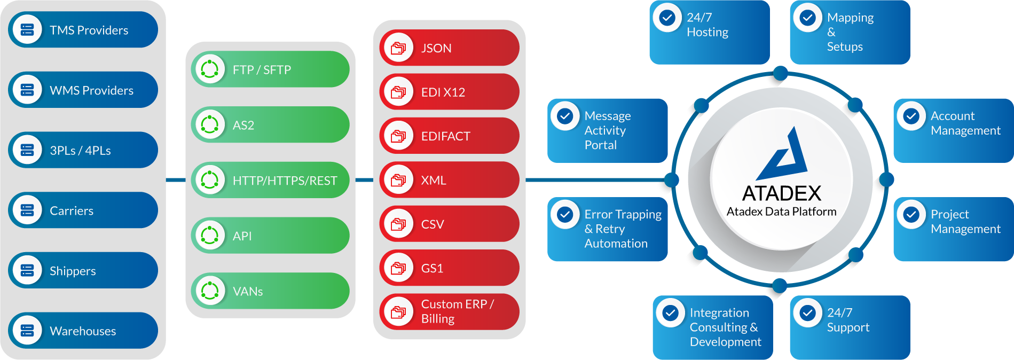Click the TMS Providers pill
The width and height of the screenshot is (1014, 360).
(x=83, y=30)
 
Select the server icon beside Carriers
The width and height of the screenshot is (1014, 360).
(x=27, y=210)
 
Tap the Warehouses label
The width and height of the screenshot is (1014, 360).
(x=83, y=331)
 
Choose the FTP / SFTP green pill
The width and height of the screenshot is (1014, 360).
(x=270, y=69)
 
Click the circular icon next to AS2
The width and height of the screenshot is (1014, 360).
(x=210, y=125)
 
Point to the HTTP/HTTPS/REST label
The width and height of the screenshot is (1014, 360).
(x=285, y=181)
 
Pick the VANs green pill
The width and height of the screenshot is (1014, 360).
(x=270, y=291)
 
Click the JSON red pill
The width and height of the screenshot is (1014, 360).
(x=449, y=48)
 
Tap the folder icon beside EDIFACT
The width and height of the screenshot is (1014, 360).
(x=398, y=136)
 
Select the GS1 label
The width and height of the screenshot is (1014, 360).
(x=432, y=268)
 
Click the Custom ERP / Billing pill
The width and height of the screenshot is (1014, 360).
(x=449, y=312)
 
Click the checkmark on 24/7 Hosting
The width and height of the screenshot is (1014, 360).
(x=667, y=18)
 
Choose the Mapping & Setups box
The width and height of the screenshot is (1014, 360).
(x=850, y=32)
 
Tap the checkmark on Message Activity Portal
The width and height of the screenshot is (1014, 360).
(x=565, y=116)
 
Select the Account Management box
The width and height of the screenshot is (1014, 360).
(x=953, y=130)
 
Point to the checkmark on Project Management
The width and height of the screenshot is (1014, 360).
(x=911, y=214)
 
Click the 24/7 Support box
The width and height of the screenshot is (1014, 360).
(x=850, y=327)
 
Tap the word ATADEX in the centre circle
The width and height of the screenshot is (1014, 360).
(x=782, y=193)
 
